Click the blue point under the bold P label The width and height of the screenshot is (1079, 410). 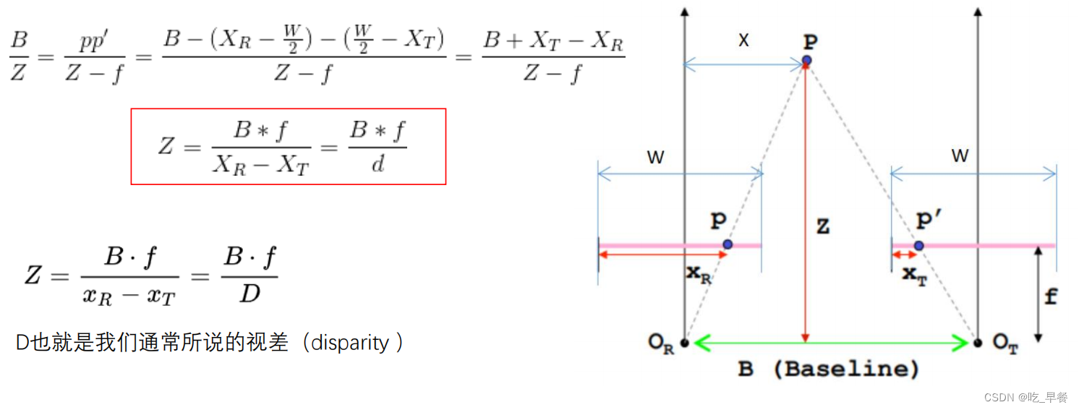pos(806,60)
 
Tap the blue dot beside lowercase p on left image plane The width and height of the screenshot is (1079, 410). pos(728,244)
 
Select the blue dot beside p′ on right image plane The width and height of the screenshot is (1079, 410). pos(918,246)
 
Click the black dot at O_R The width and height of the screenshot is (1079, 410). pos(684,343)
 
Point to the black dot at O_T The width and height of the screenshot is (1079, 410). pos(978,343)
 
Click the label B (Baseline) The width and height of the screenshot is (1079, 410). pos(828,370)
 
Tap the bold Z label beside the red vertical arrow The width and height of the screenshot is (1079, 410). pos(822,227)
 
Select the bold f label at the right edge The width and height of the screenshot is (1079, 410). pos(1050,296)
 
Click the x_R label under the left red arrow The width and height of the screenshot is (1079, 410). pos(699,275)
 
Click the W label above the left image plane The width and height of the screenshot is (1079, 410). pos(655,158)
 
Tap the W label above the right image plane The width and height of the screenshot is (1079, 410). pos(960,156)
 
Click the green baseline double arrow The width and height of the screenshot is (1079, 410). pos(831,343)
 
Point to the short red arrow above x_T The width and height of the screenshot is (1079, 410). pos(903,255)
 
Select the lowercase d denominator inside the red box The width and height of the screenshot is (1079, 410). pos(378,165)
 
